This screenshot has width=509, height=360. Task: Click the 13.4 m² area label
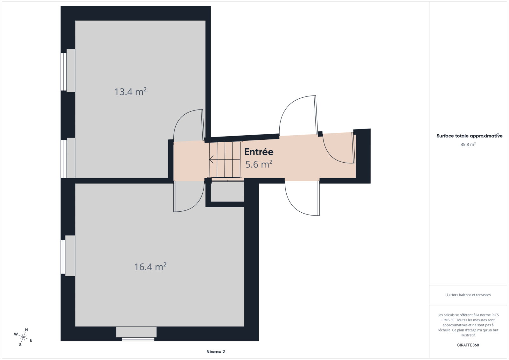(130, 92)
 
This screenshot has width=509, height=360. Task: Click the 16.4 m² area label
(150, 266)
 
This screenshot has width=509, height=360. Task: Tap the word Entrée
(259, 152)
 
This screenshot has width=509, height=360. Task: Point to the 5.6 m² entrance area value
(259, 164)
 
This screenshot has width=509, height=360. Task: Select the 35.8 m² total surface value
(468, 145)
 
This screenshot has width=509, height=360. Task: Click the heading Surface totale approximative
(469, 136)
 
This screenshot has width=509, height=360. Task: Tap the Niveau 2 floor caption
(216, 352)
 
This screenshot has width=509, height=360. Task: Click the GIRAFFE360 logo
(468, 345)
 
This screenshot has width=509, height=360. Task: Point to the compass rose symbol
(24, 337)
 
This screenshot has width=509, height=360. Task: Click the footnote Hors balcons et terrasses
(468, 295)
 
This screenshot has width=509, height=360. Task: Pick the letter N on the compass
(26, 330)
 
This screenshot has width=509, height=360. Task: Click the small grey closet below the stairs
(227, 192)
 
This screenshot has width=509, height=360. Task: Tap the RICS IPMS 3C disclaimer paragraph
(468, 325)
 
